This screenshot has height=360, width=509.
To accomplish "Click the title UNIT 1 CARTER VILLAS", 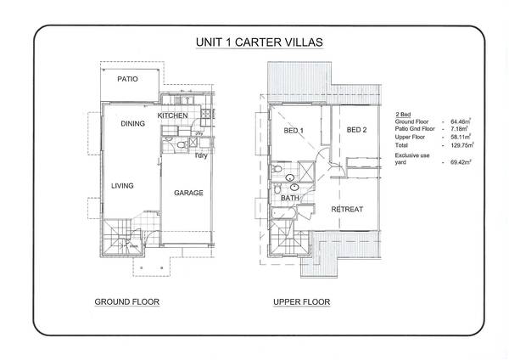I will point(255,42).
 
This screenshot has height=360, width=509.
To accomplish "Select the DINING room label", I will point(132,124).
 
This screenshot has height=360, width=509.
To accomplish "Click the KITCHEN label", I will point(172,115).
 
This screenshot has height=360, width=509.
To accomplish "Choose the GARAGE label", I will point(188,194).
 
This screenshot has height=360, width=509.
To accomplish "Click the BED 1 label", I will point(294,130).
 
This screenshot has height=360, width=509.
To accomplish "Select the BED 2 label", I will point(357,130).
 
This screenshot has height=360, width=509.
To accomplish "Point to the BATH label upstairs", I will point(290,198).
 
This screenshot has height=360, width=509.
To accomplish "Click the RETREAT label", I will point(347,209).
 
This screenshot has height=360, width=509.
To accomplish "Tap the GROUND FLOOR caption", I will point(127,301).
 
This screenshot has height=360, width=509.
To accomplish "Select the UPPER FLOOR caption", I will point(302,301).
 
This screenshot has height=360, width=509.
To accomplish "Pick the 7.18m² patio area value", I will point(462,130).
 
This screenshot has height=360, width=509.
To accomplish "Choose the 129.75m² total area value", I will point(464,145).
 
